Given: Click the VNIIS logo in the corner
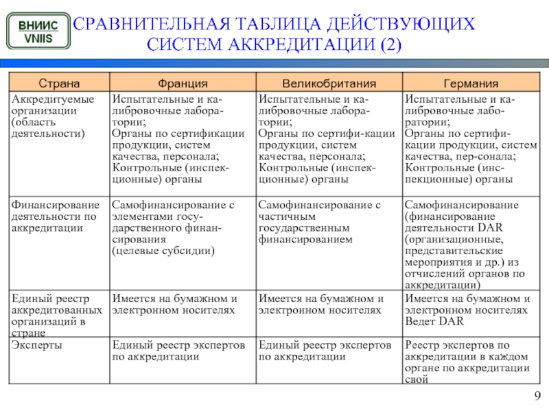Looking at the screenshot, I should (x=38, y=32).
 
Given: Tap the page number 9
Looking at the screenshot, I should (x=537, y=395).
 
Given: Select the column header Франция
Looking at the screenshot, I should (x=183, y=83).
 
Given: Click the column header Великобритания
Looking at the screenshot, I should (x=329, y=83).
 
